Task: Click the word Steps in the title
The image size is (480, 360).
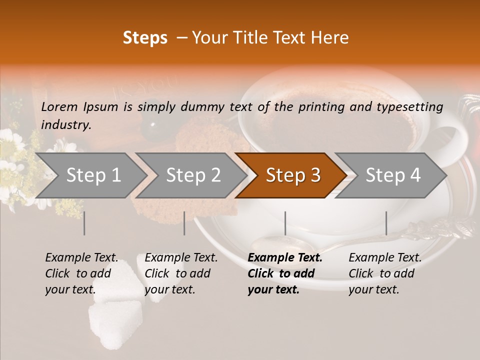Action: point(145,38)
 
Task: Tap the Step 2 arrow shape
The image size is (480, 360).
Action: point(193,175)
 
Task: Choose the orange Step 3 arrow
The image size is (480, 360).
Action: point(293,175)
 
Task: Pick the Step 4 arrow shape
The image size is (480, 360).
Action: point(393,175)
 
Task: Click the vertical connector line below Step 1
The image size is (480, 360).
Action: point(84,223)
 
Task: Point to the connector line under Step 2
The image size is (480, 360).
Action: point(184,223)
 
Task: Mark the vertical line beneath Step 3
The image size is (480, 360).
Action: point(285,223)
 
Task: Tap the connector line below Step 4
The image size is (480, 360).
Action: point(386,223)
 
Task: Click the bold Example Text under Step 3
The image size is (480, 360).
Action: point(285,273)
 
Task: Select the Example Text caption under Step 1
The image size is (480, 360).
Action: point(81,273)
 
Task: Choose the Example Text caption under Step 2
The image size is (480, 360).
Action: point(181,273)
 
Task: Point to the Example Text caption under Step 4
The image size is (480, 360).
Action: point(385,273)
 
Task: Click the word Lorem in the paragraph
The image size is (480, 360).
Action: point(59,106)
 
